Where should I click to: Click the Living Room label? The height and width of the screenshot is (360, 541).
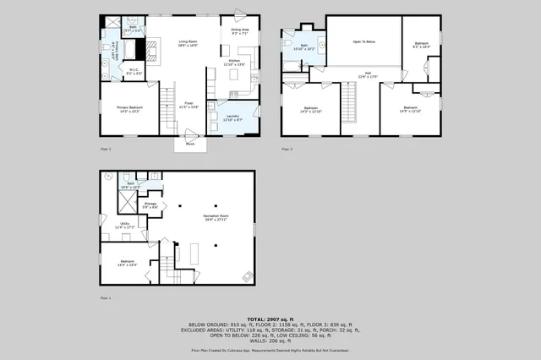pyautogui.click(x=187, y=43)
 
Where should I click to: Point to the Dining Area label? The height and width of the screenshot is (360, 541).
pyautogui.click(x=240, y=30)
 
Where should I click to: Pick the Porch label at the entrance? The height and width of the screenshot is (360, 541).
pyautogui.click(x=190, y=144)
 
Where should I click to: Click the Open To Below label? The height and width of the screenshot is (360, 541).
pyautogui.click(x=363, y=41)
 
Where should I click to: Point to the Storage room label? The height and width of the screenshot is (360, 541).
pyautogui.click(x=150, y=205)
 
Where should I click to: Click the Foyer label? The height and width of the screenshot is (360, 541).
pyautogui.click(x=188, y=106)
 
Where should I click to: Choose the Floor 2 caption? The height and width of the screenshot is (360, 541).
pyautogui.click(x=105, y=149)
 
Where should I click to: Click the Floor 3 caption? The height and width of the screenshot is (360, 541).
pyautogui.click(x=287, y=149)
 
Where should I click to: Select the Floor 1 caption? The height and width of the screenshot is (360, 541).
pyautogui.click(x=105, y=298)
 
